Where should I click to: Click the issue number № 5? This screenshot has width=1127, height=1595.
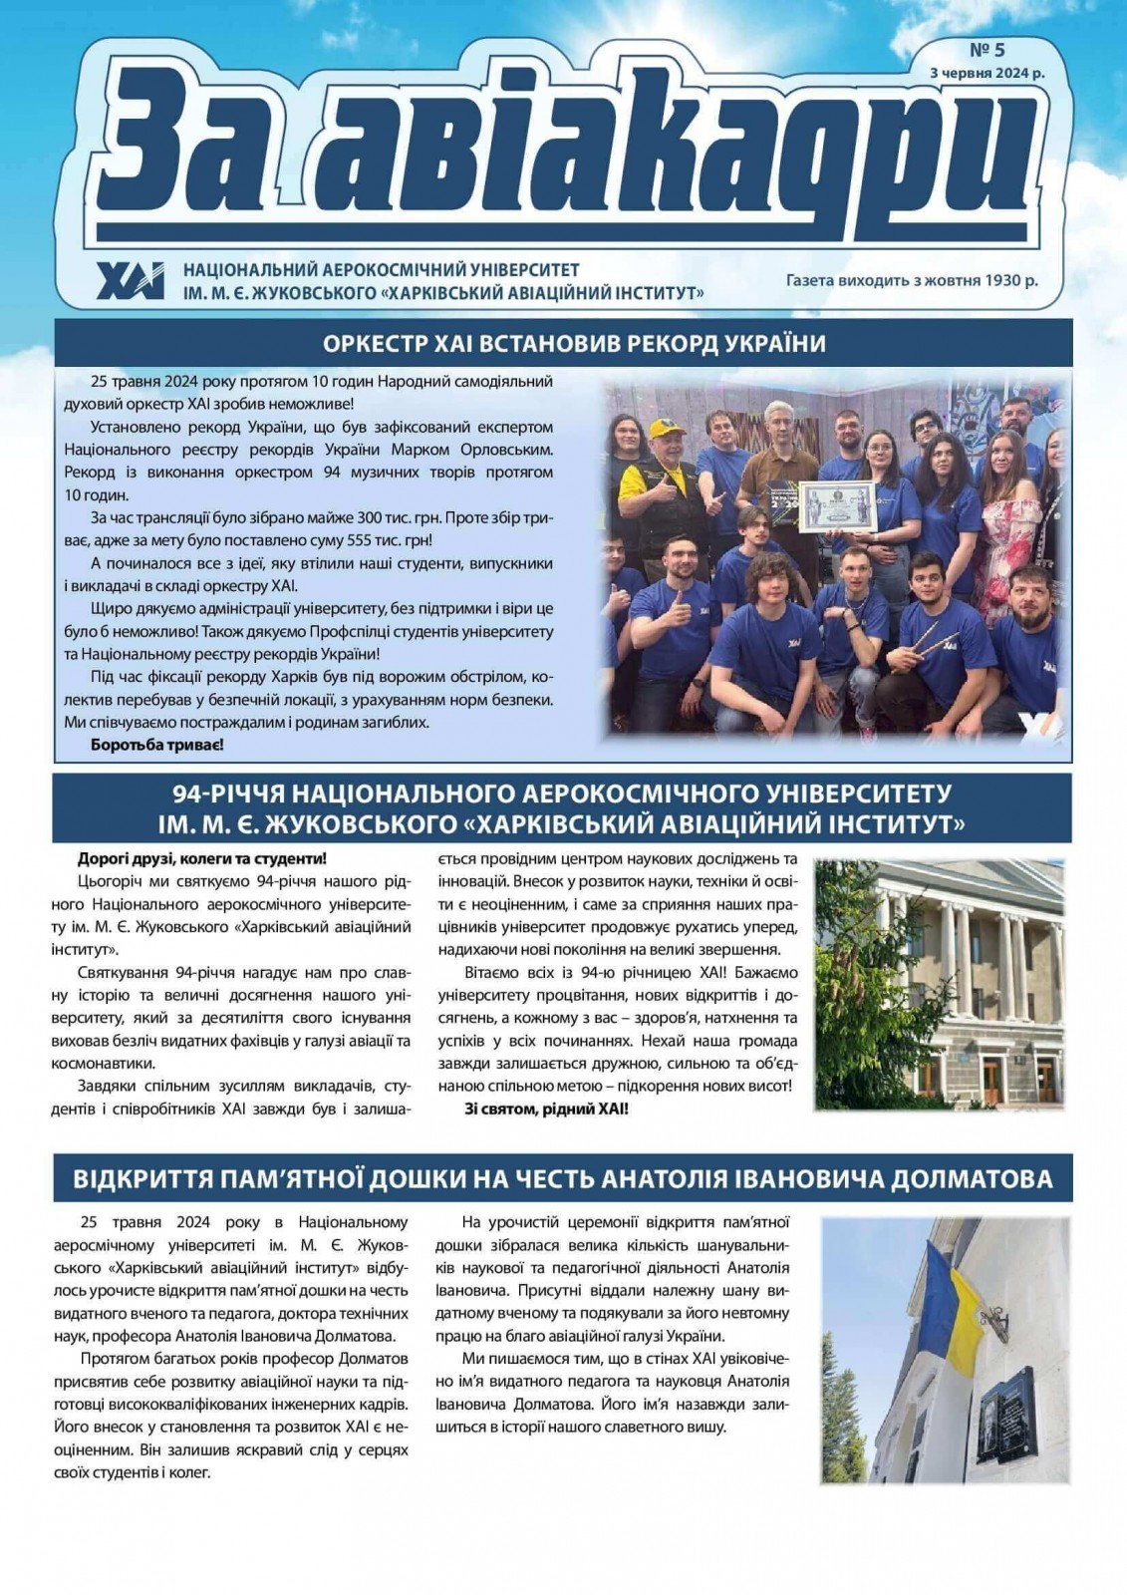coord(987,51)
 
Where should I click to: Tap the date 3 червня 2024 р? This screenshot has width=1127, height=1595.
coord(986,73)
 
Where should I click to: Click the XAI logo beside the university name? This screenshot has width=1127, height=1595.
coord(131,281)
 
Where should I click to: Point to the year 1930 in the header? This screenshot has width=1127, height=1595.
coord(1001,280)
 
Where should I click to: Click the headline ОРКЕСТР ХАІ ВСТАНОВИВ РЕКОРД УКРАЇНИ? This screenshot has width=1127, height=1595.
coord(575,344)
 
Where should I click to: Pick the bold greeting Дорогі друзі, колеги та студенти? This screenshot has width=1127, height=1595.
coord(201,858)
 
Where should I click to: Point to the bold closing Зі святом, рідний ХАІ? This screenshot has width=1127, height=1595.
coord(547,1108)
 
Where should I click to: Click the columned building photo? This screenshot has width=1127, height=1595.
coord(940,985)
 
